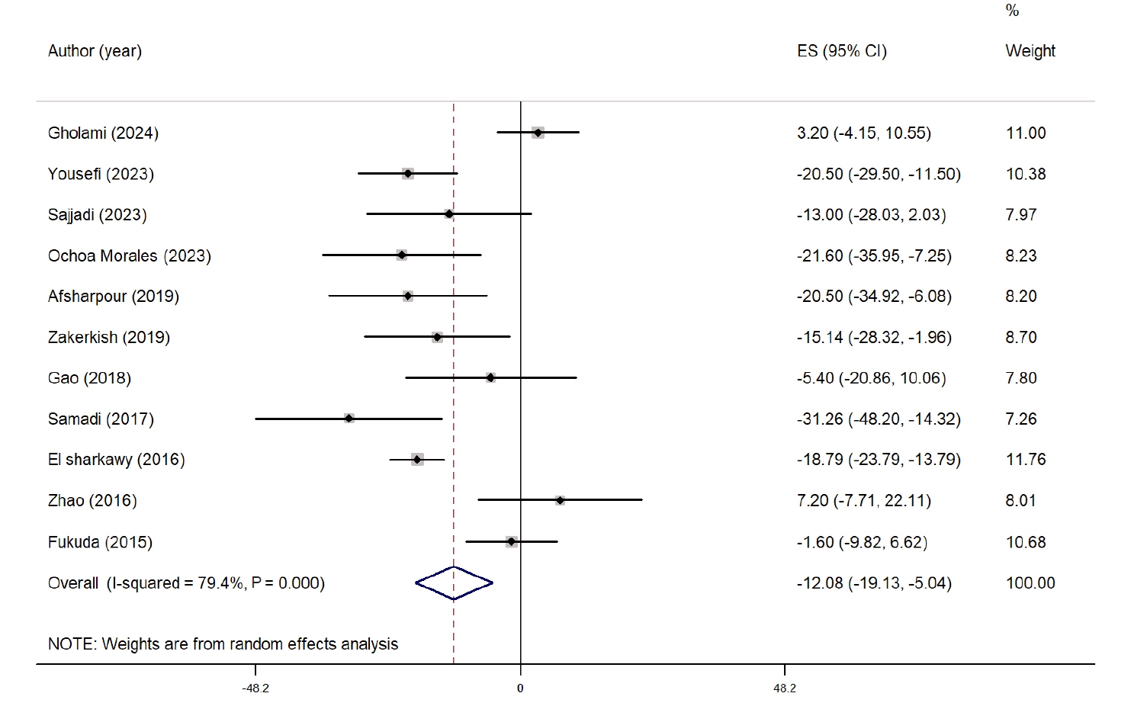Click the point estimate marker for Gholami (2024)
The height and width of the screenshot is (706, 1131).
[x=538, y=133]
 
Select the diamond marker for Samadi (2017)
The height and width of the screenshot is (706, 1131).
[x=349, y=419]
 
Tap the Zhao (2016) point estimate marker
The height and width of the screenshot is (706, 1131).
[x=560, y=500]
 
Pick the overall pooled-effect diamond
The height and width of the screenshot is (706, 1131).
[x=454, y=583]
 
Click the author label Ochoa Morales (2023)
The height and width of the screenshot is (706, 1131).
[x=129, y=255]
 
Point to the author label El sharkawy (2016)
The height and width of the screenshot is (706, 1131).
[x=116, y=459]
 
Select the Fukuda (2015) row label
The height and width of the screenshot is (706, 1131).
[x=100, y=542]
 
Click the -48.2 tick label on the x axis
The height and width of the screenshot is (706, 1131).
[x=255, y=688]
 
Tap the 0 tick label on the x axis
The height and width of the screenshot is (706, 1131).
[x=520, y=688]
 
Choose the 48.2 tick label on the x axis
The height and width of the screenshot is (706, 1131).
[x=785, y=688]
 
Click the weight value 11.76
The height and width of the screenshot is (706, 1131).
[x=1026, y=459]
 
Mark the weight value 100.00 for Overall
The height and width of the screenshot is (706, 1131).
[x=1030, y=583]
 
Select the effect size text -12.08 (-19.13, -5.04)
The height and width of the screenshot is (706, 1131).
[x=874, y=583]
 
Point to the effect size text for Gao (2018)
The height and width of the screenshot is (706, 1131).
[x=871, y=378]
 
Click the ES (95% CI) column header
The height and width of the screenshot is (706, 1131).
[x=841, y=51]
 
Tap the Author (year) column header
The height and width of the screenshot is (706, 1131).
[x=95, y=51]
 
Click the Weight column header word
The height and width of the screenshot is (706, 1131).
[x=1030, y=51]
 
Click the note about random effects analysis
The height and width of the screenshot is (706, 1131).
[x=223, y=644]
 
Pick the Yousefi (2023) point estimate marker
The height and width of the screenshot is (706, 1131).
[x=408, y=174]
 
